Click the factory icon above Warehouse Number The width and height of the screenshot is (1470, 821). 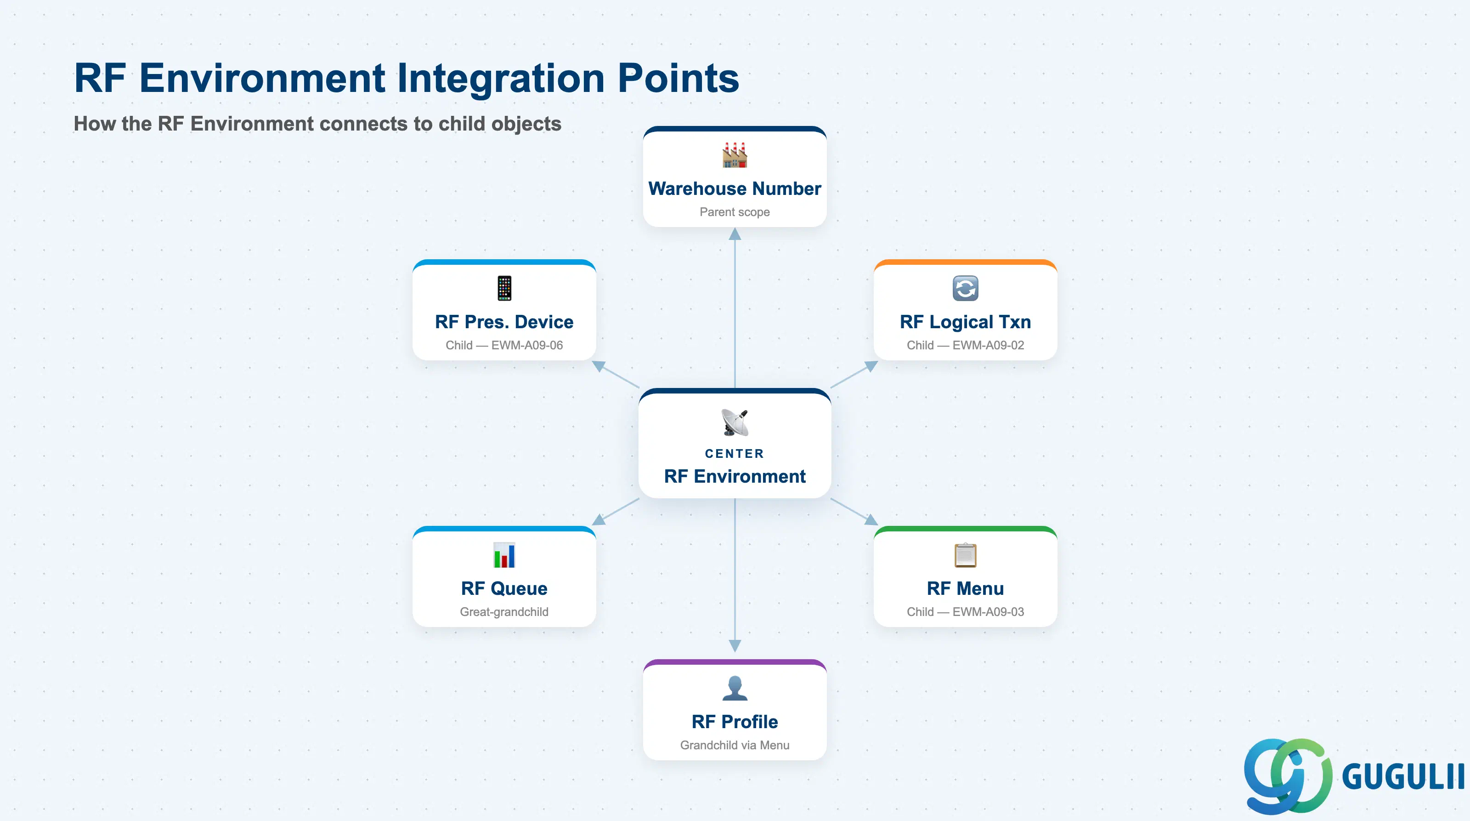pyautogui.click(x=735, y=155)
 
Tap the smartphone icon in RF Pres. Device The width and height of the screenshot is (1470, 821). pyautogui.click(x=504, y=288)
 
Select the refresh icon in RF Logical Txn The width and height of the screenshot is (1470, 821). pyautogui.click(x=965, y=288)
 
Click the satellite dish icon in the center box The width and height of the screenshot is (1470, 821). pyautogui.click(x=735, y=422)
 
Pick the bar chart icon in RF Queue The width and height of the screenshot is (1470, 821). pyautogui.click(x=504, y=554)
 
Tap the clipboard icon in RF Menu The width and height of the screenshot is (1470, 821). pyautogui.click(x=965, y=554)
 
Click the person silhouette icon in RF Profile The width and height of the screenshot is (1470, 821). pyautogui.click(x=735, y=688)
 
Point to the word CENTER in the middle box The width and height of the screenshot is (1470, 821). pyautogui.click(x=735, y=453)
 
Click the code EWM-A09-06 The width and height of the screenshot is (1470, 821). pyautogui.click(x=527, y=345)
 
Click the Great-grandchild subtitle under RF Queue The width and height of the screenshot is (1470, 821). pyautogui.click(x=504, y=611)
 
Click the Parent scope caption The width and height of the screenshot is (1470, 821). pyautogui.click(x=735, y=212)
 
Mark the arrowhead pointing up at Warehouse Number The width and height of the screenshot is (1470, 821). pyautogui.click(x=735, y=234)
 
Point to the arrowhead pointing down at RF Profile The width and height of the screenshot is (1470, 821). pyautogui.click(x=735, y=646)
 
